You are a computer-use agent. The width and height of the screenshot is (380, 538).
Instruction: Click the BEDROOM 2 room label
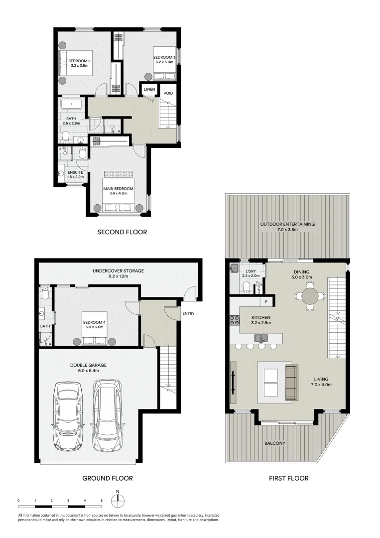click(x=78, y=61)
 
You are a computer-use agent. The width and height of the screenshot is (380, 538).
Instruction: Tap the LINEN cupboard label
click(x=149, y=90)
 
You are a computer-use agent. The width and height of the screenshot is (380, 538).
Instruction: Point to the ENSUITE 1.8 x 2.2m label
click(x=76, y=172)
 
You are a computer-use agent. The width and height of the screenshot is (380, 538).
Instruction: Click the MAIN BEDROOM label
click(x=119, y=189)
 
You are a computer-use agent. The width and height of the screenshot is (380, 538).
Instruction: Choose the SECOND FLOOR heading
click(x=122, y=232)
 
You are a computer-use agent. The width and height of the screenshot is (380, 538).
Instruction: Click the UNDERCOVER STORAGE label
click(x=118, y=271)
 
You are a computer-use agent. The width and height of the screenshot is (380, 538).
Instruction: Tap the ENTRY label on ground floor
click(x=189, y=313)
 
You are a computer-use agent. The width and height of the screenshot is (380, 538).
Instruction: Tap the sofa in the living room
click(x=291, y=383)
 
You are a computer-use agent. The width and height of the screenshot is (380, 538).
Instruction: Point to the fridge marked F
click(x=266, y=302)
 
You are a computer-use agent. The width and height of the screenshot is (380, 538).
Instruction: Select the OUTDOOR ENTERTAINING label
click(x=287, y=224)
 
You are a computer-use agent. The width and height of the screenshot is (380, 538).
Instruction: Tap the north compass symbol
click(x=118, y=500)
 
